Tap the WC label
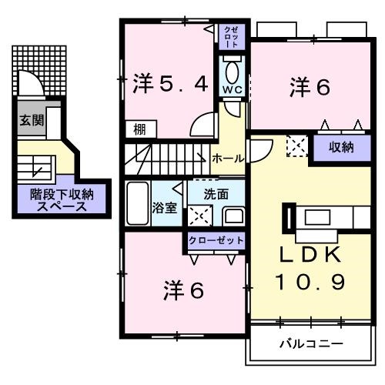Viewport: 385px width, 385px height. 232,89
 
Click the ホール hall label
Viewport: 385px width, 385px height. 229,158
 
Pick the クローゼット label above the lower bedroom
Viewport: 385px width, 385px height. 216,240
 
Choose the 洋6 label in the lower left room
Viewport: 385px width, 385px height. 184,291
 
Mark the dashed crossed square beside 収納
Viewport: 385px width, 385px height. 296,145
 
